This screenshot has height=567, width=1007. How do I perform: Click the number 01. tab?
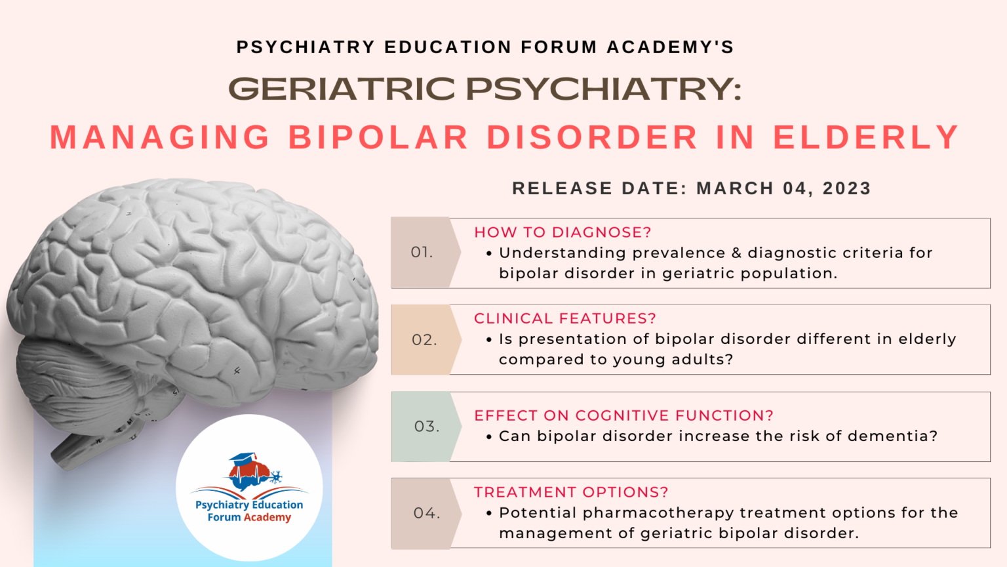[422, 253]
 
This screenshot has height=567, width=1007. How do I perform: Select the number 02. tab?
[424, 340]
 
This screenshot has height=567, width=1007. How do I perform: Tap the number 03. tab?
[426, 427]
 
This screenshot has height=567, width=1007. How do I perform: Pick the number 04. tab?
[426, 513]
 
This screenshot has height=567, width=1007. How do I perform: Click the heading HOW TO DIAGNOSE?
[563, 232]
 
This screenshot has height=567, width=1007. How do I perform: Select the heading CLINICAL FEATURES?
[564, 318]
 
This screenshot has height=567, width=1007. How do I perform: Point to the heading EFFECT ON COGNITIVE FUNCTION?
[623, 415]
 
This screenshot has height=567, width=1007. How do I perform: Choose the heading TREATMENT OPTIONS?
[571, 492]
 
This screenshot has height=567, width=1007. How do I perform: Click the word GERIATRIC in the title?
[342, 89]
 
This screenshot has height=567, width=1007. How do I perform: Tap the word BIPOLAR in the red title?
[378, 138]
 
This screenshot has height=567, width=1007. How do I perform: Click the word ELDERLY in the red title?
[866, 138]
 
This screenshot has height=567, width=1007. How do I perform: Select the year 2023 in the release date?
[846, 188]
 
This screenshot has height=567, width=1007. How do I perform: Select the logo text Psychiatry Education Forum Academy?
[249, 511]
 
